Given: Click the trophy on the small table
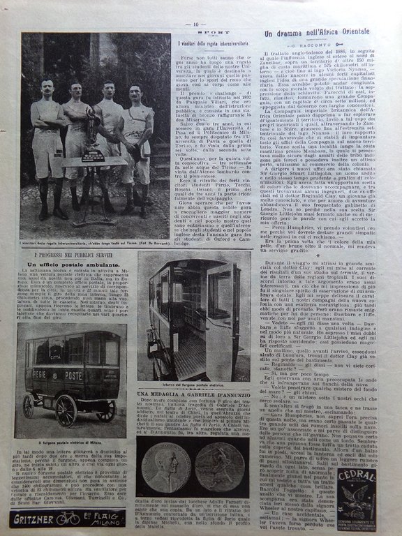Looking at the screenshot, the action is pos(91,131).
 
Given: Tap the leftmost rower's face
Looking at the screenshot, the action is pos(47,89).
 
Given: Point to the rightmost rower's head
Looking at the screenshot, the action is pos(135,93).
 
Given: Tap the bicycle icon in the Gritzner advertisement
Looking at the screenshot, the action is pos(67,519).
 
